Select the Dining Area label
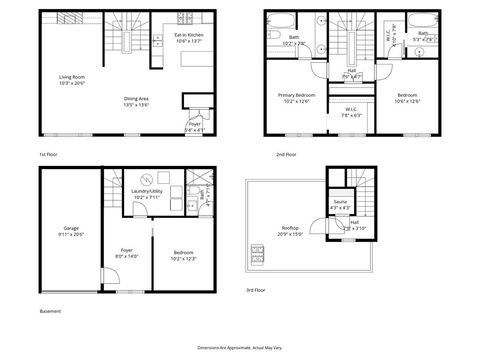[135, 101]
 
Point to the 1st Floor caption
[49, 156]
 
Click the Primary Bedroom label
[296, 96]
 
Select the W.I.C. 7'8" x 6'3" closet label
[351, 112]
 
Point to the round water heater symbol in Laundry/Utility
[142, 181]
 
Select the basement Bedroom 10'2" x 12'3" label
[183, 254]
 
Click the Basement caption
[50, 311]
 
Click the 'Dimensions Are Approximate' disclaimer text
[239, 341]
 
